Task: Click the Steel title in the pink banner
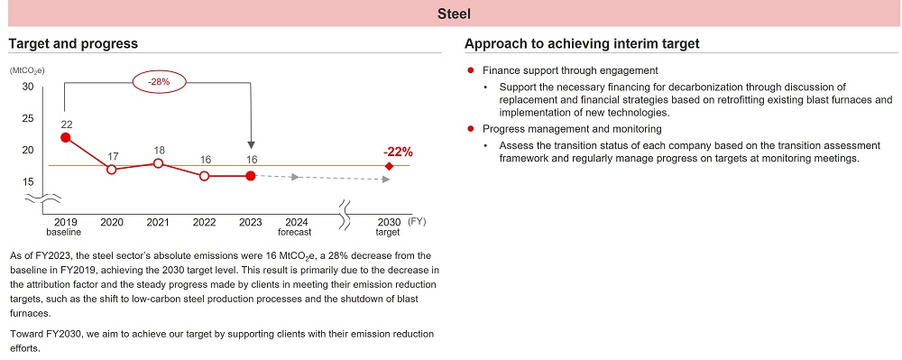pyautogui.click(x=453, y=14)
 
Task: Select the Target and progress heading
pyautogui.click(x=73, y=43)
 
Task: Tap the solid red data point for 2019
pyautogui.click(x=65, y=137)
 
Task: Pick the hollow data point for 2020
pyautogui.click(x=112, y=169)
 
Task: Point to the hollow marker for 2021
pyautogui.click(x=158, y=163)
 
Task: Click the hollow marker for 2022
pyautogui.click(x=204, y=175)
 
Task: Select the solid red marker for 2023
pyautogui.click(x=250, y=175)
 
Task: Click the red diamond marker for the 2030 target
pyautogui.click(x=389, y=166)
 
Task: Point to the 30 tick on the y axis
pyautogui.click(x=28, y=87)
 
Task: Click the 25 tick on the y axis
pyautogui.click(x=28, y=118)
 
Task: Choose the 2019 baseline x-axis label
pyautogui.click(x=65, y=226)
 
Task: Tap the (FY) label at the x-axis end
pyautogui.click(x=418, y=221)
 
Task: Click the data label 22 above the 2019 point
pyautogui.click(x=66, y=124)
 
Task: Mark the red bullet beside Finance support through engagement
pyautogui.click(x=471, y=70)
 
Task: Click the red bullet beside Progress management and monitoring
pyautogui.click(x=471, y=129)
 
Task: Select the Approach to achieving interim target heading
pyautogui.click(x=582, y=43)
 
